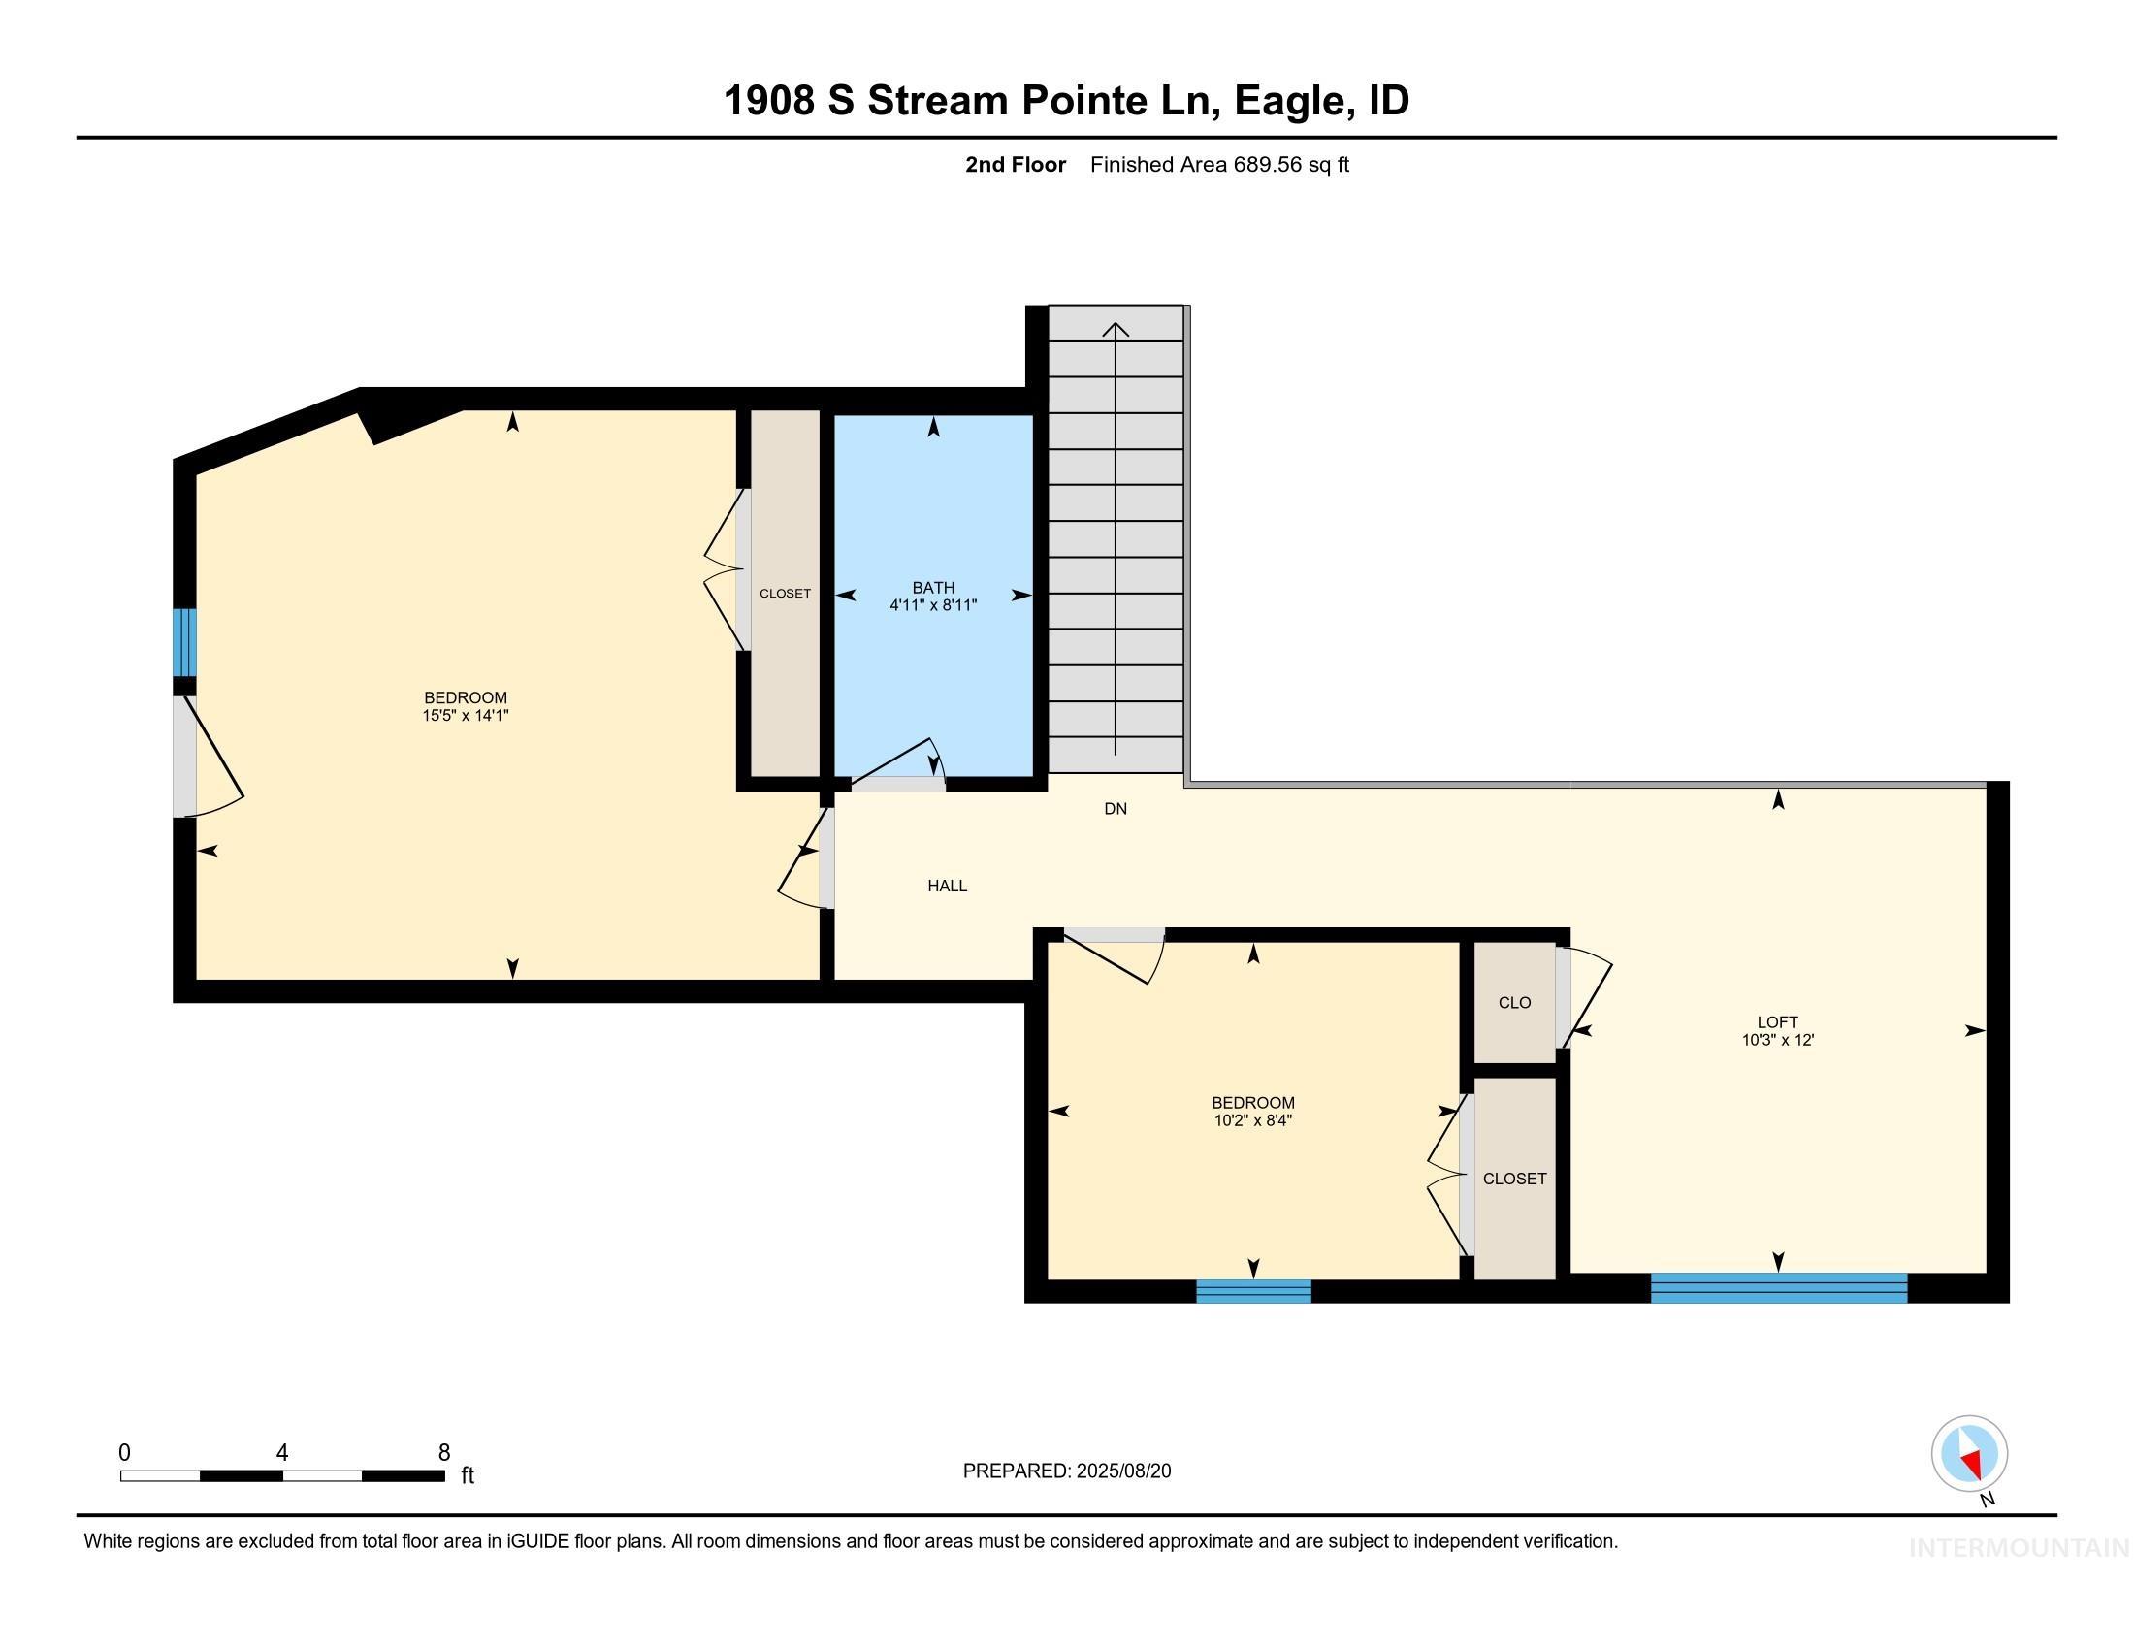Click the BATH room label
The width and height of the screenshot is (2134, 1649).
[933, 587]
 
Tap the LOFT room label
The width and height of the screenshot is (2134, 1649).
[1777, 1021]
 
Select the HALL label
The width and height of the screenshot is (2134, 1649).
[947, 886]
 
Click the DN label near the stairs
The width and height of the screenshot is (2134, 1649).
[1115, 809]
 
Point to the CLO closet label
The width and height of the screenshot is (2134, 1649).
[1514, 1002]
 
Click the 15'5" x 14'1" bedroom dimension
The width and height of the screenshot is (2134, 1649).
[465, 715]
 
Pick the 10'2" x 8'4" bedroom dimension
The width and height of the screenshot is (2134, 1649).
[1252, 1120]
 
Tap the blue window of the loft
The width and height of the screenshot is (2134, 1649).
[1778, 1288]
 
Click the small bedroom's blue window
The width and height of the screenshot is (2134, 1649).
[1253, 1291]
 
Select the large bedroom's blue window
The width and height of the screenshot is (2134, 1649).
[184, 642]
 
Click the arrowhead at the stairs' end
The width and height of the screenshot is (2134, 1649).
[1115, 330]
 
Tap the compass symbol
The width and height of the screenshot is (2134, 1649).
[1969, 1453]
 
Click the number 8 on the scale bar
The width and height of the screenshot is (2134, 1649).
[443, 1452]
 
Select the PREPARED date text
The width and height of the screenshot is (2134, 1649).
[1066, 1471]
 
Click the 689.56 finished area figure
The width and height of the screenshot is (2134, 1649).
[1268, 164]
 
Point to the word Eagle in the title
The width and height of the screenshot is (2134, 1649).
[1287, 101]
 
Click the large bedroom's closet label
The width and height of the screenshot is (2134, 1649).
[785, 593]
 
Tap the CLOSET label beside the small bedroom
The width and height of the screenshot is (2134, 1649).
[1514, 1179]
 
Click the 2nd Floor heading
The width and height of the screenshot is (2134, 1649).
[1016, 164]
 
